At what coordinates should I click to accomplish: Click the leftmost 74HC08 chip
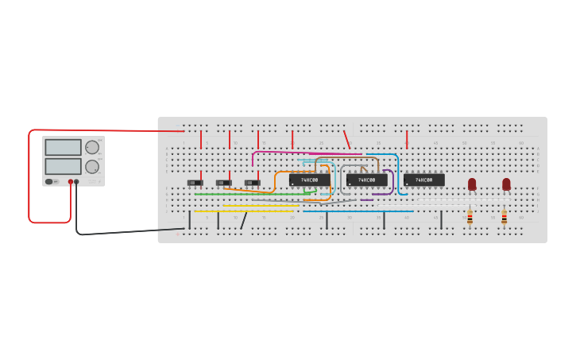pyautogui.click(x=309, y=180)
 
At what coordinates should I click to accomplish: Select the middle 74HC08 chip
pyautogui.click(x=366, y=180)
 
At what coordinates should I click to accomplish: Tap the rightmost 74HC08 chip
pyautogui.click(x=423, y=180)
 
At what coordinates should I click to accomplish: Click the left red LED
pyautogui.click(x=472, y=184)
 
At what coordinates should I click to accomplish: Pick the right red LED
pyautogui.click(x=506, y=184)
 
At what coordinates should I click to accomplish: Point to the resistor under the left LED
pyautogui.click(x=470, y=215)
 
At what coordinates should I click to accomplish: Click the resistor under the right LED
pyautogui.click(x=504, y=215)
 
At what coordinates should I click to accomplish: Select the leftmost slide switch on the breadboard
pyautogui.click(x=195, y=183)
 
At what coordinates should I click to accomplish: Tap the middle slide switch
pyautogui.click(x=224, y=183)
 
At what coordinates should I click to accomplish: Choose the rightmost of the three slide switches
pyautogui.click(x=252, y=183)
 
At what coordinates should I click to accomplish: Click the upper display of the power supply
pyautogui.click(x=63, y=148)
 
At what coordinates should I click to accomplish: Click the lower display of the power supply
pyautogui.click(x=63, y=166)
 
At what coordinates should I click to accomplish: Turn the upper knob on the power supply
pyautogui.click(x=92, y=147)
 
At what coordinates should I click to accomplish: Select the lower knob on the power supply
pyautogui.click(x=92, y=167)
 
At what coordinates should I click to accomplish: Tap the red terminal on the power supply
pyautogui.click(x=71, y=182)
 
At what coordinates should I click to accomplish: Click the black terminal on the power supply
pyautogui.click(x=77, y=182)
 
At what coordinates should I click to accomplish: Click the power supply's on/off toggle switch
pyautogui.click(x=50, y=182)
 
